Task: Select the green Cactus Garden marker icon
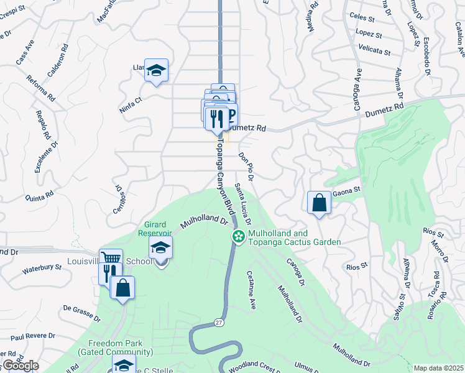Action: pos(238,236)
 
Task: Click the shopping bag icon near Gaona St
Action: pos(319,202)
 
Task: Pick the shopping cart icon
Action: pos(111,259)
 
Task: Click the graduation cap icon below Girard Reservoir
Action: pos(161,249)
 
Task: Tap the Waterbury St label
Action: pos(42,269)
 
